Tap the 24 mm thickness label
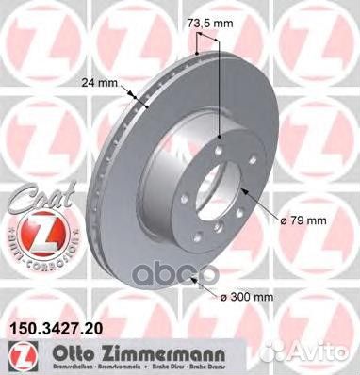tap(103, 82)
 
